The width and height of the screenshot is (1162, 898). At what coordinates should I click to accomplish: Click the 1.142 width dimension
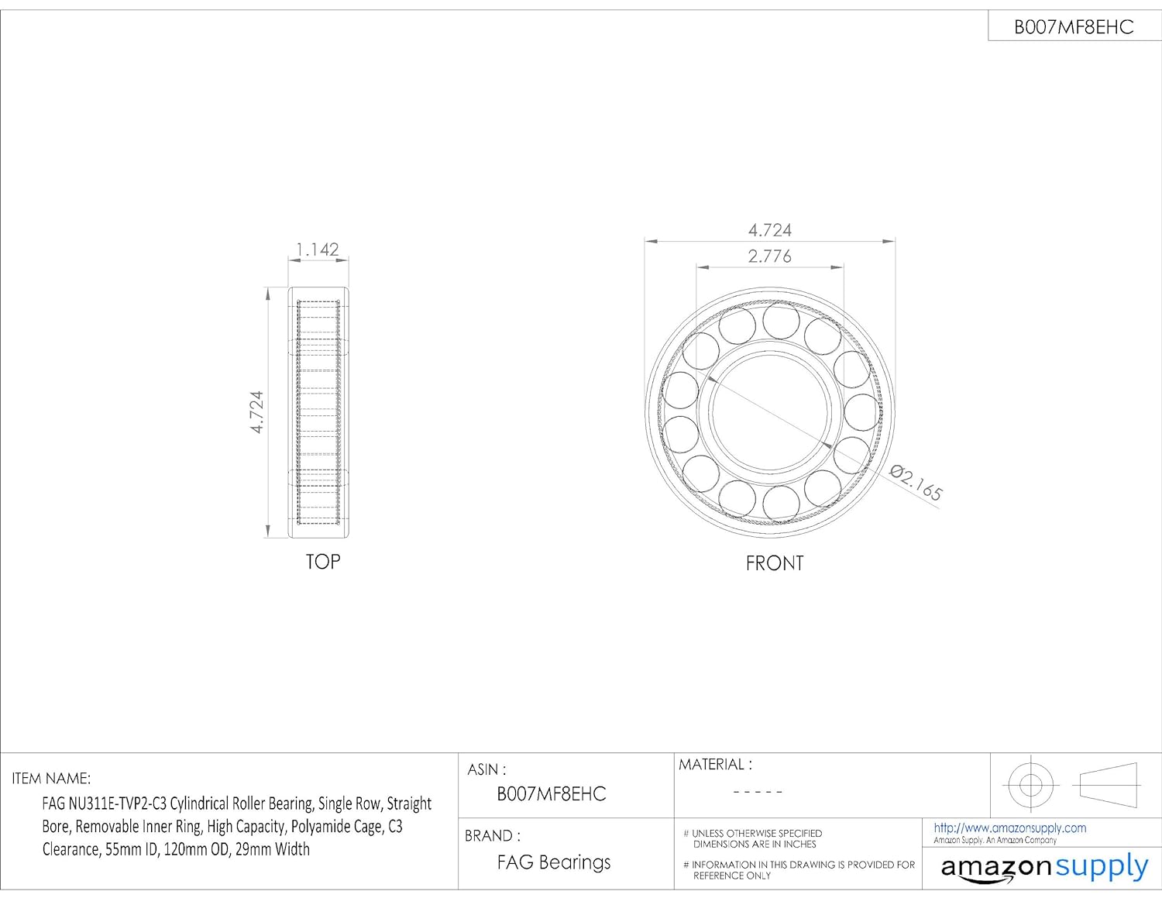317,249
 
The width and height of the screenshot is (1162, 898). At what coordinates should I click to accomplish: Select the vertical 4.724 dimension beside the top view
256,412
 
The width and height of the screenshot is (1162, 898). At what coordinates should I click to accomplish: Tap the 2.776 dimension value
769,256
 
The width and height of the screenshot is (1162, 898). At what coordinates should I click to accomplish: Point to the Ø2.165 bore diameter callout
916,483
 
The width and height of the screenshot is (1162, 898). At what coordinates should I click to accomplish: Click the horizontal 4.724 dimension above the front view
769,230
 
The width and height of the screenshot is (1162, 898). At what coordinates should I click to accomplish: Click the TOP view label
323,562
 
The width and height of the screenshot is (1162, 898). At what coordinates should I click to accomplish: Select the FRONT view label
775,563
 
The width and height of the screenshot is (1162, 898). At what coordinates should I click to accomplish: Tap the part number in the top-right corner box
1074,27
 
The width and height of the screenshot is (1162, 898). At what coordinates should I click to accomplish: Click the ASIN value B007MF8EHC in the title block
552,793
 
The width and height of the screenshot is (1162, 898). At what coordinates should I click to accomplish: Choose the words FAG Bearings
553,862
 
